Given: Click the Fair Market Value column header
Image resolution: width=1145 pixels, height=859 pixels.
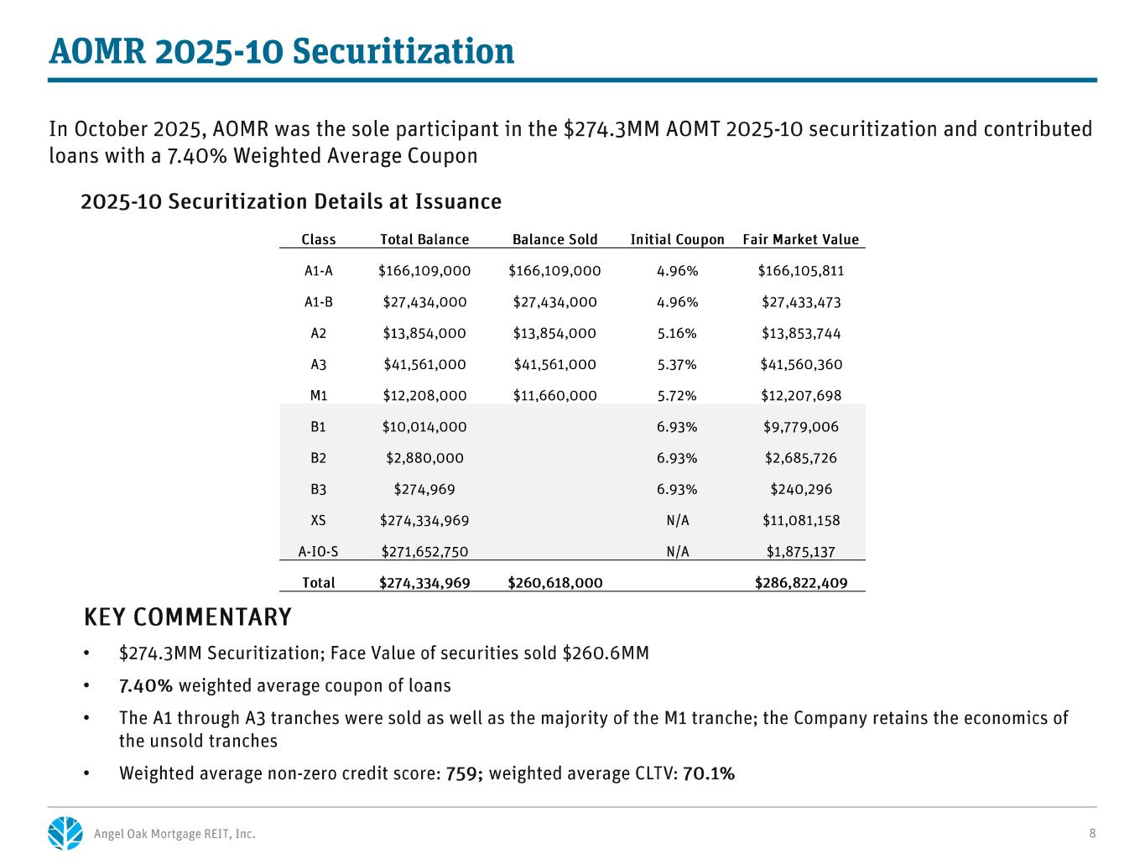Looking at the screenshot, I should (x=800, y=240).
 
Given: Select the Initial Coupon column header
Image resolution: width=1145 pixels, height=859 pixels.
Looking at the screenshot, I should (x=677, y=240).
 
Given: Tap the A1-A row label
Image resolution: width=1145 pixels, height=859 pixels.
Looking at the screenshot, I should (x=318, y=271).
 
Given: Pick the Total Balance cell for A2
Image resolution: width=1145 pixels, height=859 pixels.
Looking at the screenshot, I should (x=424, y=334).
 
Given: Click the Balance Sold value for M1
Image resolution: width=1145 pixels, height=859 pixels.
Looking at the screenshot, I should (x=554, y=396).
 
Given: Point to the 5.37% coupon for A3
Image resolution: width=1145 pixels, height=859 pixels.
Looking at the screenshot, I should (x=677, y=365).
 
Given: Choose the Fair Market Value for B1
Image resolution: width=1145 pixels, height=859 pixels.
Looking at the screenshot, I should (x=800, y=427).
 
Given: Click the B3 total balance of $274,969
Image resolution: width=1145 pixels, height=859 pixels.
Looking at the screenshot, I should (x=424, y=490).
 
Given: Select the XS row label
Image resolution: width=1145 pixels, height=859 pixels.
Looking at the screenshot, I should (x=318, y=521).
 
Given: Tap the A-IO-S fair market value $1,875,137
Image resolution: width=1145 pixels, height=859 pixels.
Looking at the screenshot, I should (x=800, y=552).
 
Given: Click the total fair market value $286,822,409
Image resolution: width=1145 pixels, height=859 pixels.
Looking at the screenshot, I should (x=800, y=583).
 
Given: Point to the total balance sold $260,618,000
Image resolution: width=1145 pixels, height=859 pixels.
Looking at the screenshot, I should (x=554, y=583).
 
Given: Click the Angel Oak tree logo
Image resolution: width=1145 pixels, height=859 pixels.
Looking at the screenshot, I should (x=65, y=833).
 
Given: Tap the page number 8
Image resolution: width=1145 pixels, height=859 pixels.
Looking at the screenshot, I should (x=1092, y=833).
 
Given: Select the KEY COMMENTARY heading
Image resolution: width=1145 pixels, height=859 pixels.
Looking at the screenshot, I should (x=188, y=617).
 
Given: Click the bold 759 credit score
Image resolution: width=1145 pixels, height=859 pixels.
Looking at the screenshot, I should (x=463, y=773).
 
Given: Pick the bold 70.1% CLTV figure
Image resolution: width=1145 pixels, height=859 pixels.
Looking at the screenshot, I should (x=709, y=773).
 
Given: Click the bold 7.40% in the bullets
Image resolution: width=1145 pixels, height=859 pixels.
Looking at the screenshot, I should (x=146, y=686).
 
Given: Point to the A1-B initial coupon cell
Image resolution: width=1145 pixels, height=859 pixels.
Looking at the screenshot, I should (x=677, y=303).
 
